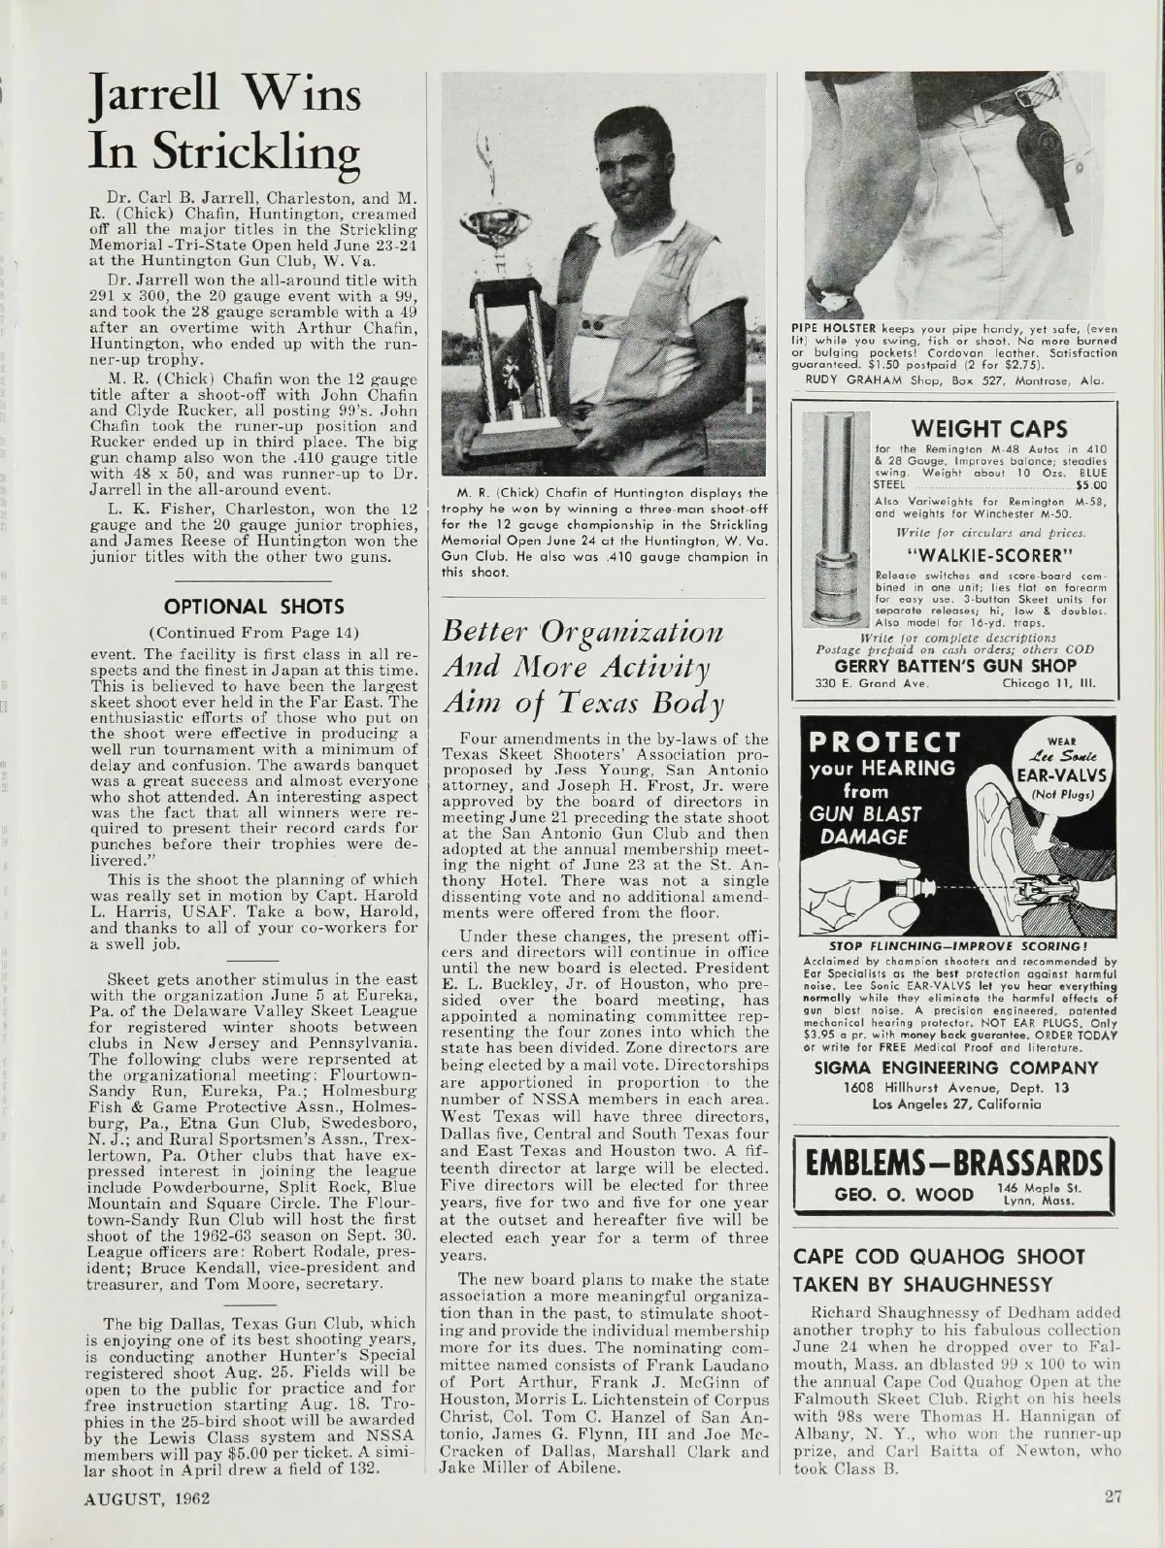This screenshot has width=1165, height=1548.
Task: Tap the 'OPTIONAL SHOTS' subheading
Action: point(253,608)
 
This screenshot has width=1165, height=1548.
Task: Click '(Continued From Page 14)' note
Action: point(253,634)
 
